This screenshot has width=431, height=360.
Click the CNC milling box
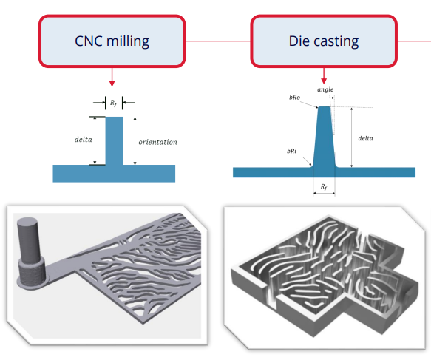(112, 41)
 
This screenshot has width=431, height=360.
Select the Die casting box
(324, 41)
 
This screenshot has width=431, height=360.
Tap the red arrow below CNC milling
(112, 77)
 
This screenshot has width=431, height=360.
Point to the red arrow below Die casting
(324, 76)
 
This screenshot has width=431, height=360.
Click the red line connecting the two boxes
(218, 41)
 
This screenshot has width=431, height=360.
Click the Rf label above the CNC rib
(114, 103)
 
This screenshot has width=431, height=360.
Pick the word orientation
(157, 142)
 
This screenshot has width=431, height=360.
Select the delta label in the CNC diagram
(84, 140)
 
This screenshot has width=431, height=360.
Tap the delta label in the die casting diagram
(366, 138)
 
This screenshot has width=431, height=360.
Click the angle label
(325, 89)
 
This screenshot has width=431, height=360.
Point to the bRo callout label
(295, 98)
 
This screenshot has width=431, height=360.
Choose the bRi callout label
(291, 151)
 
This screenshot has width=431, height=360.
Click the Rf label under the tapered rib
(324, 187)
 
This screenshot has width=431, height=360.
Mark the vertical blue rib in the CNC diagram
(114, 141)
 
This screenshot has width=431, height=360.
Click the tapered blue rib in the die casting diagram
(324, 137)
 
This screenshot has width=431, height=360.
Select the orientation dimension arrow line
(135, 141)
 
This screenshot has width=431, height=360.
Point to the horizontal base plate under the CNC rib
(114, 174)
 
